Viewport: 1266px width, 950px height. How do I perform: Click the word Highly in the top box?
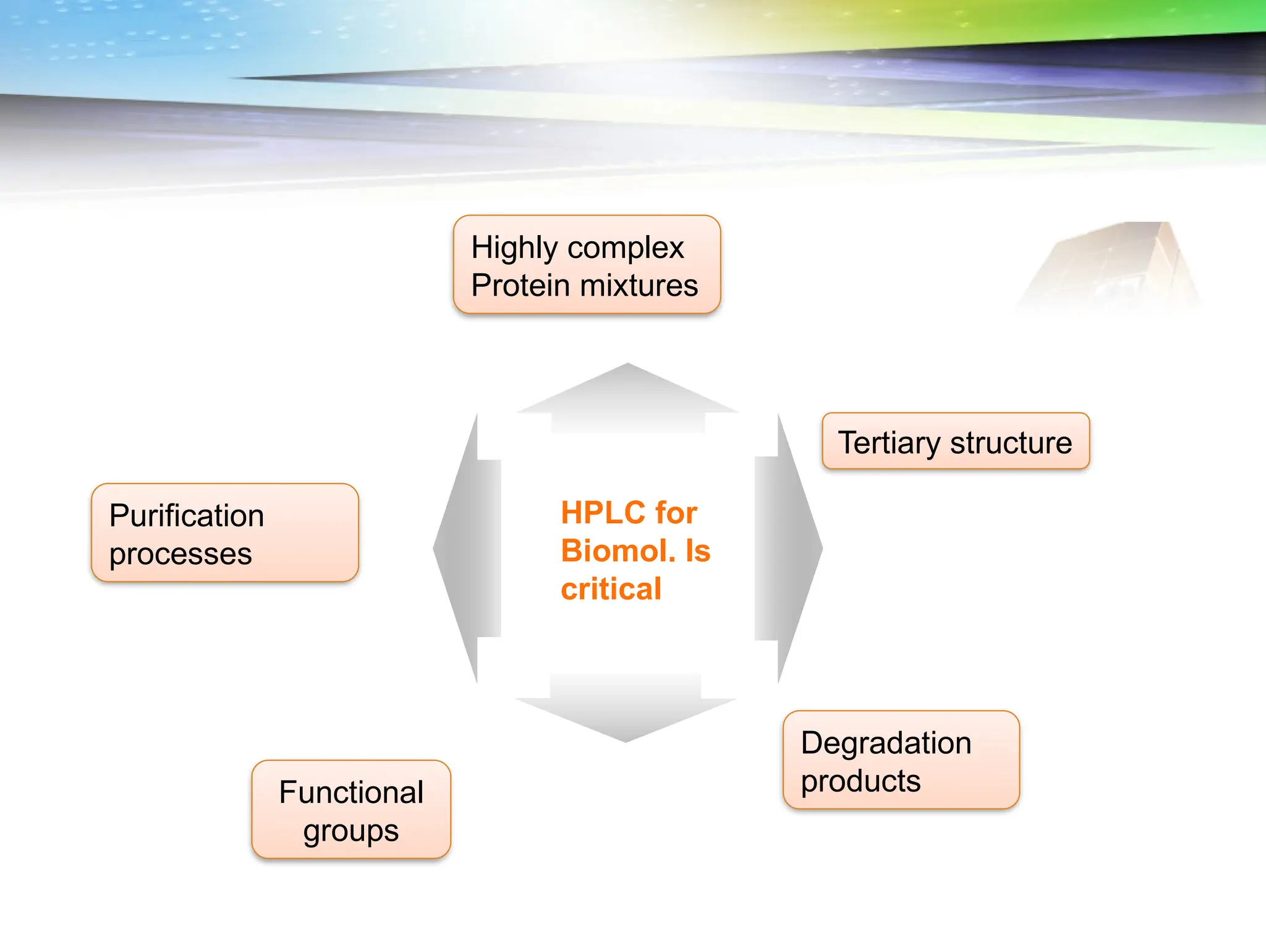pyautogui.click(x=514, y=249)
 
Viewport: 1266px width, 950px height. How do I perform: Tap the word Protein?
pyautogui.click(x=520, y=286)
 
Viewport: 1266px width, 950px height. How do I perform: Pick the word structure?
pyautogui.click(x=1011, y=443)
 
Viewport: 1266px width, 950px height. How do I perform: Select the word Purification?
pyautogui.click(x=187, y=516)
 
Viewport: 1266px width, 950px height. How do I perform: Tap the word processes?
pyautogui.click(x=181, y=554)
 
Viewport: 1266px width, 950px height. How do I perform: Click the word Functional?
pyautogui.click(x=351, y=793)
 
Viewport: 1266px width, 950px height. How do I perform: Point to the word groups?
pyautogui.click(x=351, y=831)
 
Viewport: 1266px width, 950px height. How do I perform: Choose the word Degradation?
pyautogui.click(x=886, y=743)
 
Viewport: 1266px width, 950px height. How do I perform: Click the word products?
pyautogui.click(x=860, y=782)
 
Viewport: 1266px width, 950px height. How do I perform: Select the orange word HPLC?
pyautogui.click(x=603, y=513)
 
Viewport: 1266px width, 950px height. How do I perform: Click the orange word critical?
pyautogui.click(x=611, y=589)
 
